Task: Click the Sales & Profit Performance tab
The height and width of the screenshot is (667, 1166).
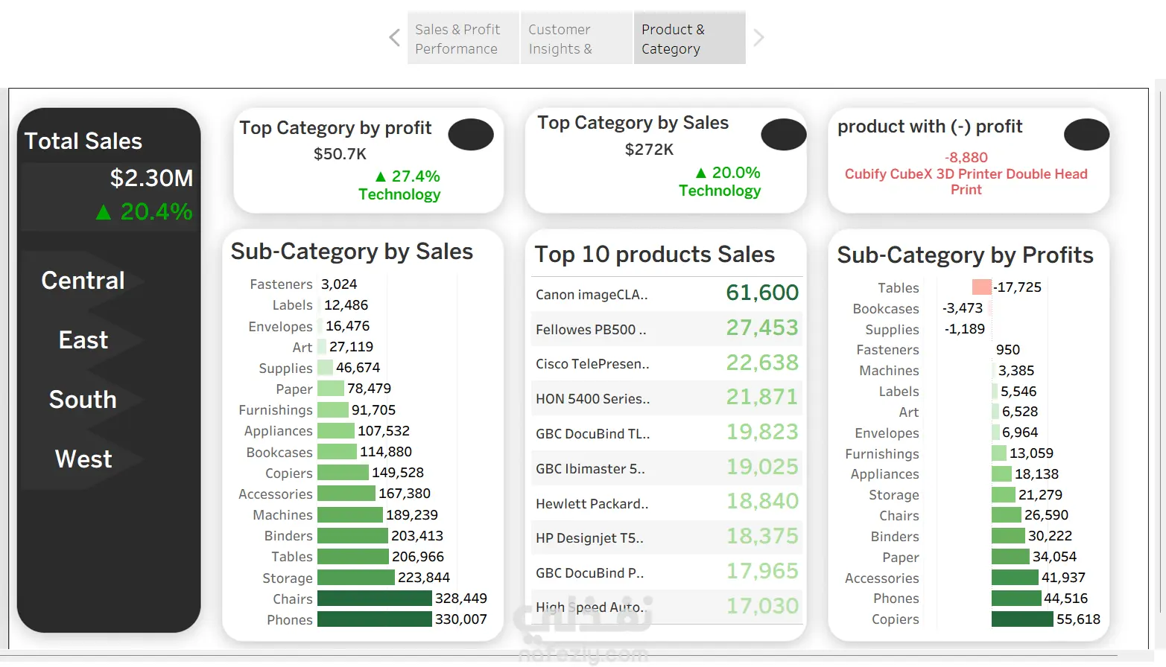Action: click(463, 38)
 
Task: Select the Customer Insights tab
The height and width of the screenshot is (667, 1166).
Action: click(576, 38)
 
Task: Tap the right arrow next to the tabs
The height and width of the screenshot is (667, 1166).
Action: click(758, 37)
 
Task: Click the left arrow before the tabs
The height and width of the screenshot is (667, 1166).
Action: click(395, 37)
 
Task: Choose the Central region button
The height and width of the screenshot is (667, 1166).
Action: click(83, 281)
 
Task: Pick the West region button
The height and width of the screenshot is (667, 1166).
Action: click(83, 459)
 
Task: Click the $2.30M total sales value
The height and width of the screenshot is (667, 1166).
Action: click(151, 178)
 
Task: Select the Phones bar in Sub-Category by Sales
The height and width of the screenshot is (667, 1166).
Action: click(374, 619)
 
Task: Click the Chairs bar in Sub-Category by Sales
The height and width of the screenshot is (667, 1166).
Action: click(374, 599)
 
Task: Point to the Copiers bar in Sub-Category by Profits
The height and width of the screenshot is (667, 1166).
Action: click(1022, 619)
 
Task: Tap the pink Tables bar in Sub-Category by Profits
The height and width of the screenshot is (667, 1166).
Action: click(982, 287)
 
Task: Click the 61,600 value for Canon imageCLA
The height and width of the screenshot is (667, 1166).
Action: click(762, 293)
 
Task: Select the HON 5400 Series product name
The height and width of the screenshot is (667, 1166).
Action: click(592, 399)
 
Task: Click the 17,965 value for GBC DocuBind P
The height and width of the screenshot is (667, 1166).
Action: click(762, 571)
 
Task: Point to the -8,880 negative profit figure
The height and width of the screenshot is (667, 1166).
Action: click(966, 157)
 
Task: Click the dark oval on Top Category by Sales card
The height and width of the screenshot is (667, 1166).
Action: click(783, 135)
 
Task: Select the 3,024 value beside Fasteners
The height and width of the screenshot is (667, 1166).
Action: click(339, 284)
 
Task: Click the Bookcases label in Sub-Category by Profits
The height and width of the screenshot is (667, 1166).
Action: click(885, 309)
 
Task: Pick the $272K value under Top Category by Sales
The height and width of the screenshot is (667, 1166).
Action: click(649, 150)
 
